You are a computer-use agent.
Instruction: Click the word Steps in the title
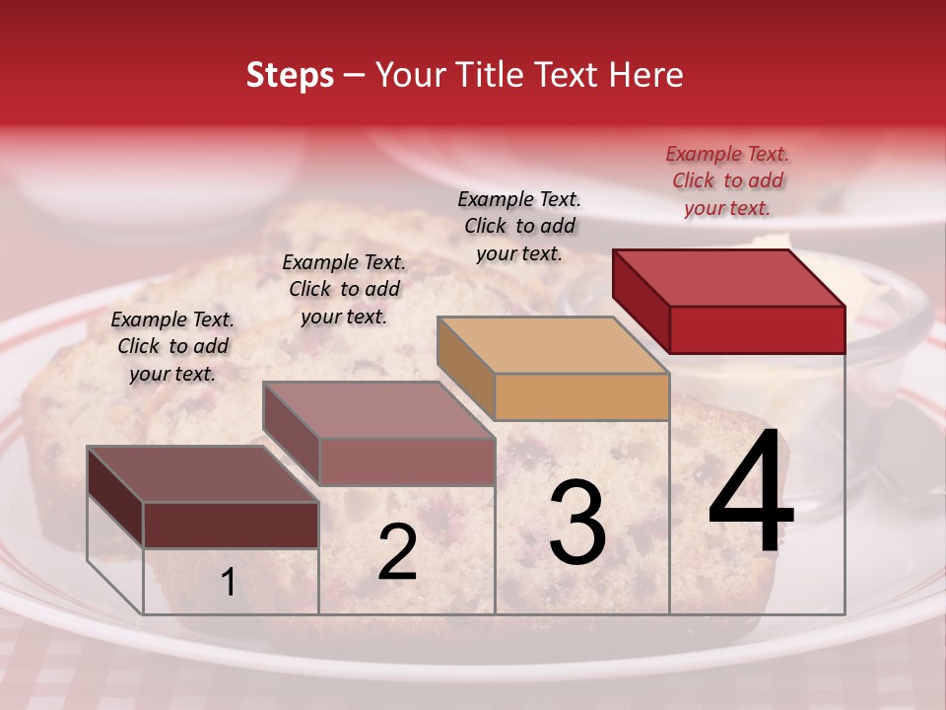[290, 76]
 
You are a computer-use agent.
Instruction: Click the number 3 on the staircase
[577, 522]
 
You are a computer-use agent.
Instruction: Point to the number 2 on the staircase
[397, 553]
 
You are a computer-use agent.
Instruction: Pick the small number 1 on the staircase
[229, 582]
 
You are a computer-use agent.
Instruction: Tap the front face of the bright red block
[757, 329]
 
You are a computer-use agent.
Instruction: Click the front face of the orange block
[581, 396]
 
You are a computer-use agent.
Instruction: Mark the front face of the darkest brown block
[231, 525]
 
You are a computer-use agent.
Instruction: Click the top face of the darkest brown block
[202, 474]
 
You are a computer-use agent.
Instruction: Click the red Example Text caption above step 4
[727, 181]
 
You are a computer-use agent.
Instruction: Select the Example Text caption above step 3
[519, 227]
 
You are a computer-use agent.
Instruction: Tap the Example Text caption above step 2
[344, 290]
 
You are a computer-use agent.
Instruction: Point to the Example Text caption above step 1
[172, 347]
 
